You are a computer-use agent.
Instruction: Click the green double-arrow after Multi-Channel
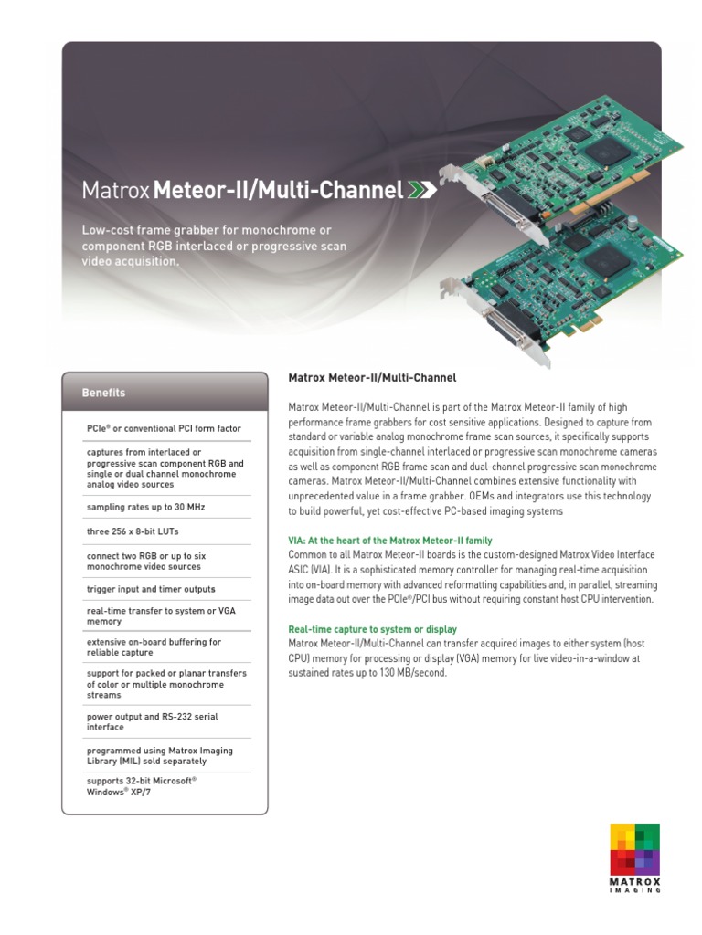[x=421, y=190]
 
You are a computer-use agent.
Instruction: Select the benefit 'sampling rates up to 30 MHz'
[x=135, y=507]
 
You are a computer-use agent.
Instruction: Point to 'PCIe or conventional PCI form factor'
[x=164, y=427]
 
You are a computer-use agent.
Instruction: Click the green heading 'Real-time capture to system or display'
[x=373, y=629]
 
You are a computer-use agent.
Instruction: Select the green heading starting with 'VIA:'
[x=390, y=541]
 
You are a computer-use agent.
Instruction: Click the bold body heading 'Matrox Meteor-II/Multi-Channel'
[x=372, y=377]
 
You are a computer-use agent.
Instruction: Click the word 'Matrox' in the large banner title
[x=116, y=191]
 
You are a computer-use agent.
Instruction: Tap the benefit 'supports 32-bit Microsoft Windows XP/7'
[x=142, y=787]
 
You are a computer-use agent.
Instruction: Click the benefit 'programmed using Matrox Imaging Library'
[x=159, y=755]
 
